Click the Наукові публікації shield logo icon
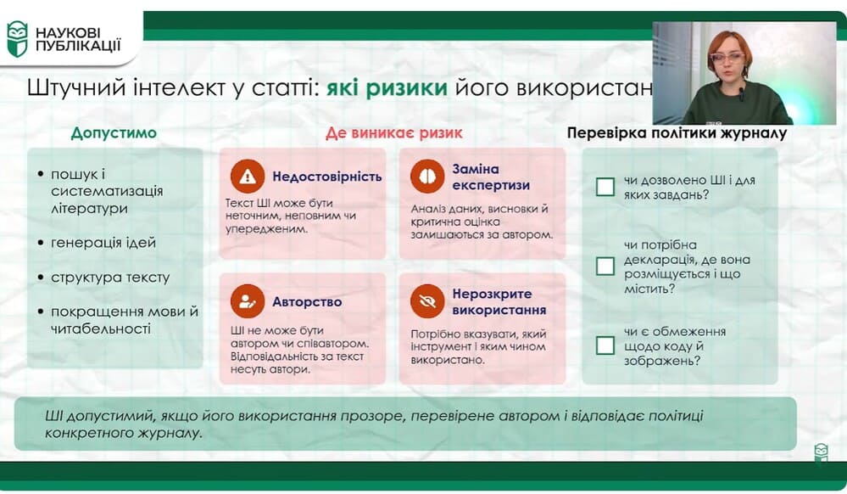point(17,40)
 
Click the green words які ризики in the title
point(387,87)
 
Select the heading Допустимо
point(114,133)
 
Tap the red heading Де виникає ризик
point(393,133)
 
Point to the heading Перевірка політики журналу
point(677,133)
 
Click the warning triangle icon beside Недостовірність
point(248,177)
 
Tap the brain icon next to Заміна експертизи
point(427,177)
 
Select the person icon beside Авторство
point(248,301)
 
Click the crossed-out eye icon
point(427,301)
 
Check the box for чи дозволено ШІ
point(605,188)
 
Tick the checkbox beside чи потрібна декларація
point(605,267)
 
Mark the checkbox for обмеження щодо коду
point(605,345)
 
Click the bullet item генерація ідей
point(103,243)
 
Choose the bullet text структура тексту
point(110,278)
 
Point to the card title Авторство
point(307,302)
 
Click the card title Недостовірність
point(326,177)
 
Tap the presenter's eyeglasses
point(727,58)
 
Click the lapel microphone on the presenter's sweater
point(742,93)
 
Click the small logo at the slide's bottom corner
point(821,452)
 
